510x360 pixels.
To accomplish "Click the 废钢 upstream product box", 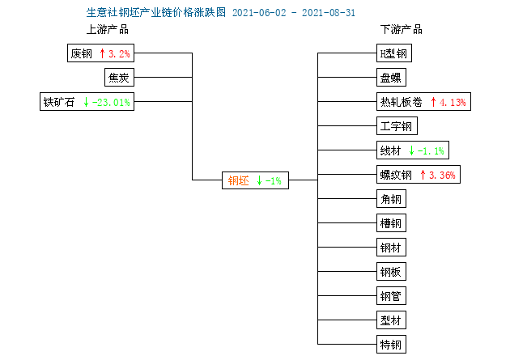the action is point(101,53).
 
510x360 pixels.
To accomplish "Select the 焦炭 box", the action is point(119,78).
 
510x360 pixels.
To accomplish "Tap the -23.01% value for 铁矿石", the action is point(111,103).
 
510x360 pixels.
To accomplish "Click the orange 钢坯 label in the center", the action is point(239,180).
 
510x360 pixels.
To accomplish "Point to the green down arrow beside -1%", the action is point(259,180).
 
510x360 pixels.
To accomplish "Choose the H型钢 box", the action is point(394,53).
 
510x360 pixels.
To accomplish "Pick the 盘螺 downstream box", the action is point(391,78).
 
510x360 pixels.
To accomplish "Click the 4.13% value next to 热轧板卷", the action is point(453,103).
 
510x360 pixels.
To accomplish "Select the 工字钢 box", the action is point(397,125).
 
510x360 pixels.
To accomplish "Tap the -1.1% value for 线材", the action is point(431,150).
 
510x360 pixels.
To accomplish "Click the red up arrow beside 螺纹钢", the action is point(423,175).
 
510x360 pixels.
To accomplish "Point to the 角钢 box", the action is point(391,198).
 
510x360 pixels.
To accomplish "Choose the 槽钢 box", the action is point(391,223).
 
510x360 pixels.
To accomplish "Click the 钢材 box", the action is point(391,248).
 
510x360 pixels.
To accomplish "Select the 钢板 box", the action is point(391,271).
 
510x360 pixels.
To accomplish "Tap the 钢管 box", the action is point(391,295).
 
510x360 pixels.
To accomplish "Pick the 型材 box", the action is point(391,320).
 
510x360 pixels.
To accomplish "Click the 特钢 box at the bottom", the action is point(391,344).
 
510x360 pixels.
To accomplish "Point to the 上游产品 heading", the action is point(108,30).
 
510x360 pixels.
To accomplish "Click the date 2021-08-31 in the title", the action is point(329,13).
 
